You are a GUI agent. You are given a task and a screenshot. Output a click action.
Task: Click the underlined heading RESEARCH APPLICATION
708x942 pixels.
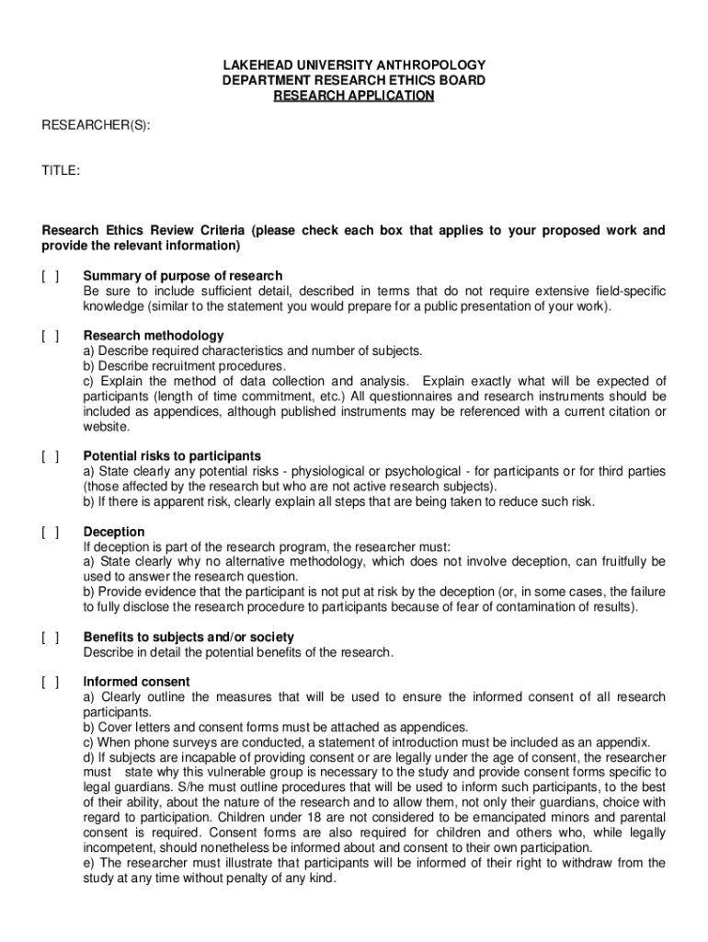pyautogui.click(x=354, y=96)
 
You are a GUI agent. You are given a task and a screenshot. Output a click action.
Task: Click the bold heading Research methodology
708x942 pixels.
pyautogui.click(x=153, y=336)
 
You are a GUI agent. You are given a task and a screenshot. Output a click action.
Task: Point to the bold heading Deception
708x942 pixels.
pyautogui.click(x=114, y=532)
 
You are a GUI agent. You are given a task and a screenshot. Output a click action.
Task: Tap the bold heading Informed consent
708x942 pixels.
pyautogui.click(x=136, y=682)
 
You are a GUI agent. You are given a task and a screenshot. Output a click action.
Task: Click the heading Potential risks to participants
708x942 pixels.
pyautogui.click(x=172, y=456)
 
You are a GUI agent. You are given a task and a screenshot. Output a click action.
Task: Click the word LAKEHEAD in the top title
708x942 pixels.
pyautogui.click(x=262, y=65)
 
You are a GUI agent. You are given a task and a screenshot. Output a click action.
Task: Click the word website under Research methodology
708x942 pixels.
pyautogui.click(x=107, y=427)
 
